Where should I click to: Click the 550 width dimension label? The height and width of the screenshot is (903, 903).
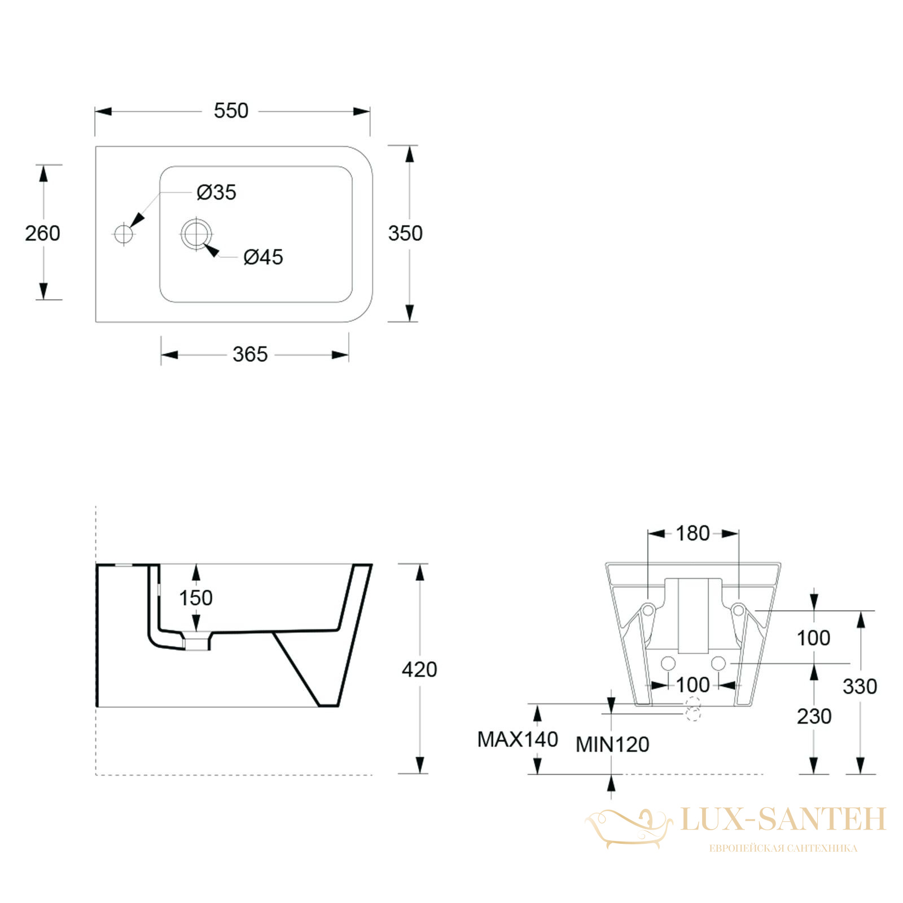231,111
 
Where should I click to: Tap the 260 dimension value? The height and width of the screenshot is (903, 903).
42,233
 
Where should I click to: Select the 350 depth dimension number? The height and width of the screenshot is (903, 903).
405,233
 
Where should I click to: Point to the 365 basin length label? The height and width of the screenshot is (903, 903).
250,354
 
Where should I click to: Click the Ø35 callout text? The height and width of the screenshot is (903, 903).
216,192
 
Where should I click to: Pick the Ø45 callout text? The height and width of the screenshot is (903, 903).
263,257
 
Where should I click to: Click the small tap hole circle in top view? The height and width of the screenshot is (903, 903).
124,233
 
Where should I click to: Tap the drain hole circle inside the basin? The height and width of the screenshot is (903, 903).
196,233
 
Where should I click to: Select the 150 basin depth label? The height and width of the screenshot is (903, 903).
196,598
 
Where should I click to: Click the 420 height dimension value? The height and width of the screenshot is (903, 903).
419,669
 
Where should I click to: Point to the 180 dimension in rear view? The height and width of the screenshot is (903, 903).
692,533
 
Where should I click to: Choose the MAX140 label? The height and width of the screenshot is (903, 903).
518,739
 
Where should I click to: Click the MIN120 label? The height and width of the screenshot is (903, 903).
612,744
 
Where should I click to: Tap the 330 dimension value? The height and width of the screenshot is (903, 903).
860,686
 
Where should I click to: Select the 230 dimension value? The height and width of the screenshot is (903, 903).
814,716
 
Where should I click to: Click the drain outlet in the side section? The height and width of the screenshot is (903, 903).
197,642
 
